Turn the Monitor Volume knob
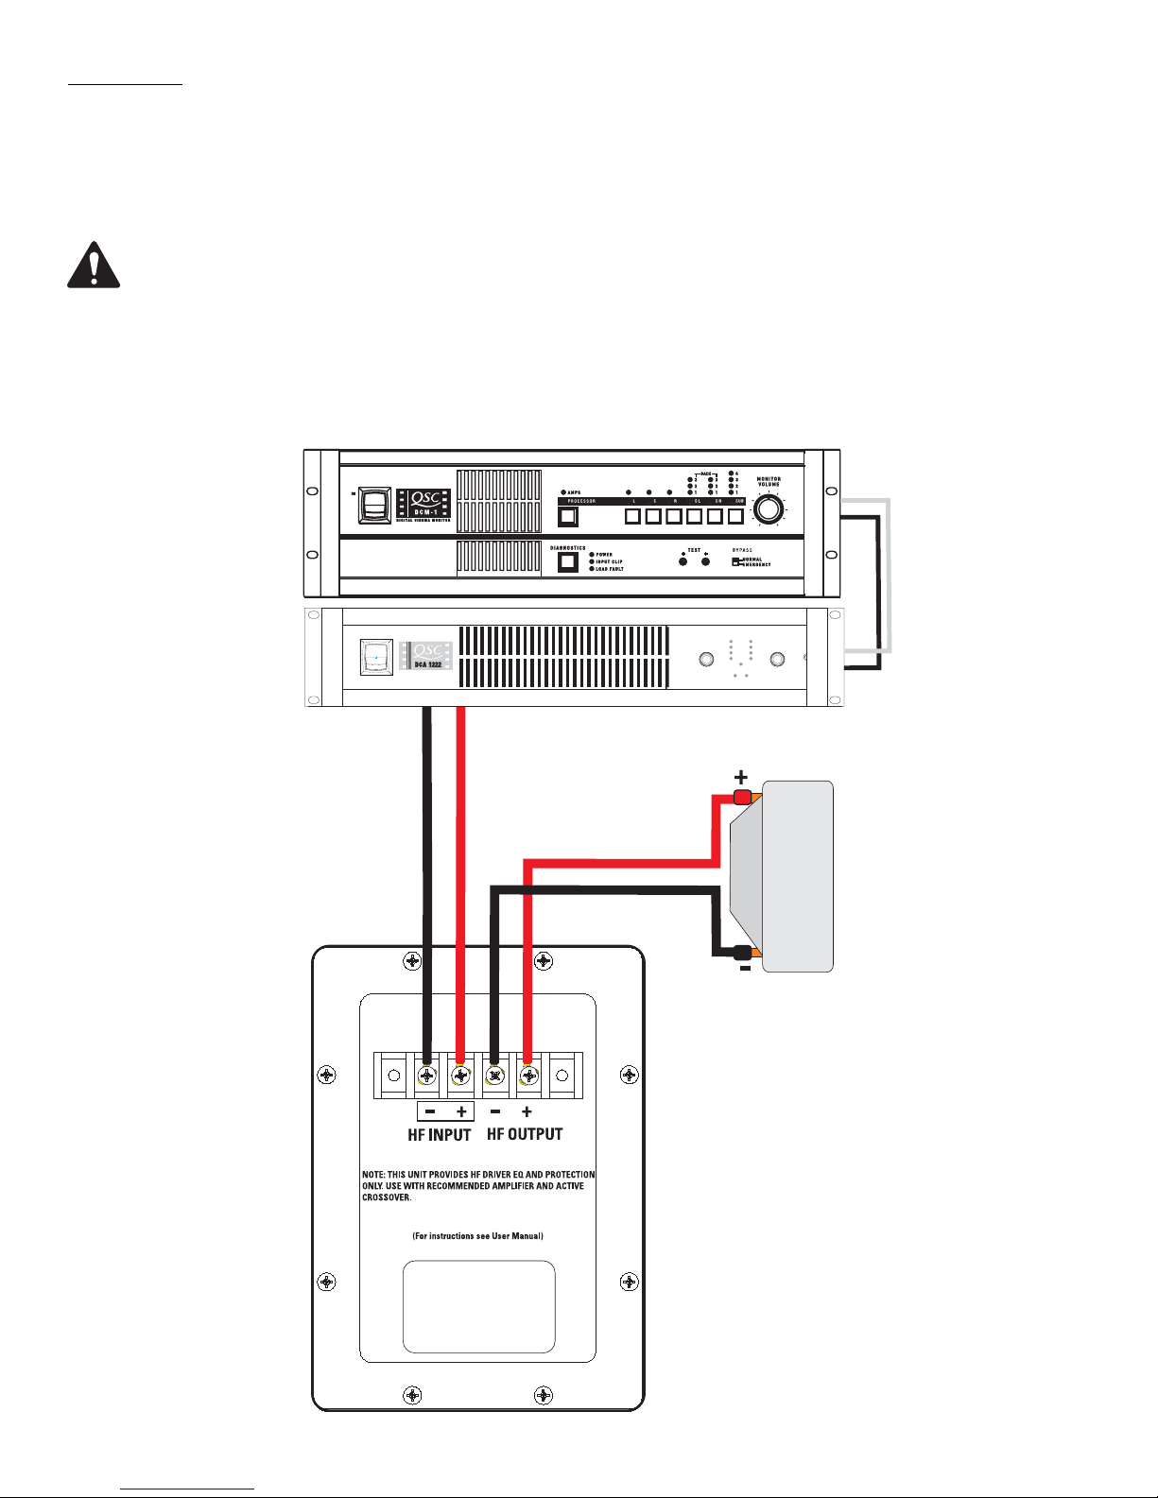click(x=769, y=509)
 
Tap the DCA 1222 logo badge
click(x=427, y=656)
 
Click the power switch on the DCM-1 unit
click(x=373, y=507)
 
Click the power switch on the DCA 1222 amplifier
click(x=376, y=657)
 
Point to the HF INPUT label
click(x=440, y=1135)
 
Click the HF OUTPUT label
click(x=525, y=1134)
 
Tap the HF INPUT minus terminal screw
click(x=427, y=1076)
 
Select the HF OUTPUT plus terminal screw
click(x=527, y=1076)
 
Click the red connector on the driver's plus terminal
click(x=742, y=797)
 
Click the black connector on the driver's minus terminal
click(x=742, y=953)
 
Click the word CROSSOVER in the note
click(x=388, y=1197)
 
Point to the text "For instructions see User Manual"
click(x=477, y=1236)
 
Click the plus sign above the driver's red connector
click(x=741, y=777)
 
